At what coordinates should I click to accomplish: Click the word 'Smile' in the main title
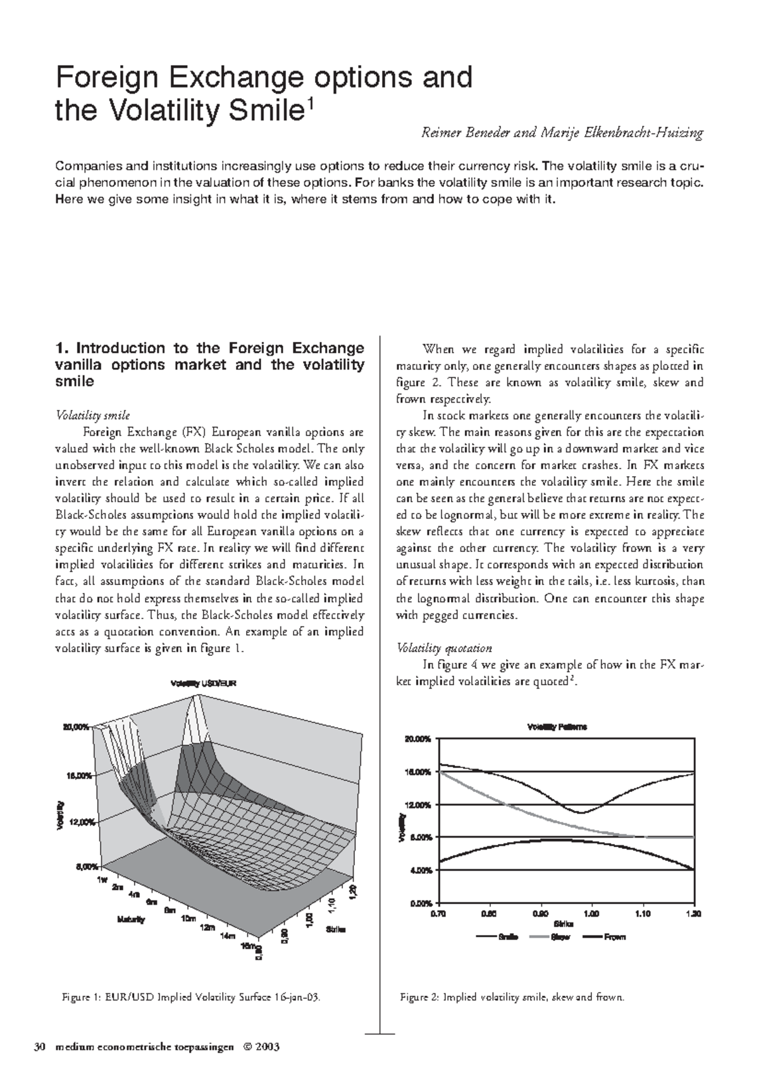click(259, 111)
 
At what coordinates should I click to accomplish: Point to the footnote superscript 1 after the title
click(309, 104)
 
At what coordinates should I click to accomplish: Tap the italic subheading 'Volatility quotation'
click(443, 648)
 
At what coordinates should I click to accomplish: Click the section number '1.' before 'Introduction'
click(62, 348)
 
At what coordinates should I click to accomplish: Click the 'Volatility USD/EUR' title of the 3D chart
click(202, 683)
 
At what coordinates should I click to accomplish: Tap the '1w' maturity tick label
click(103, 880)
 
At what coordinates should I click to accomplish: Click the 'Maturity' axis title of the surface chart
click(130, 919)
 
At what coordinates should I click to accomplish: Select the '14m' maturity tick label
click(226, 935)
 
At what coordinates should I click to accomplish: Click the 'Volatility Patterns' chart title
click(557, 727)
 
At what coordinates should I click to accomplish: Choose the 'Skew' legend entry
click(560, 936)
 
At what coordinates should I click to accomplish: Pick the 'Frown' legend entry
click(614, 936)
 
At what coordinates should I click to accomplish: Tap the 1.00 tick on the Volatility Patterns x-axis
click(591, 914)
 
